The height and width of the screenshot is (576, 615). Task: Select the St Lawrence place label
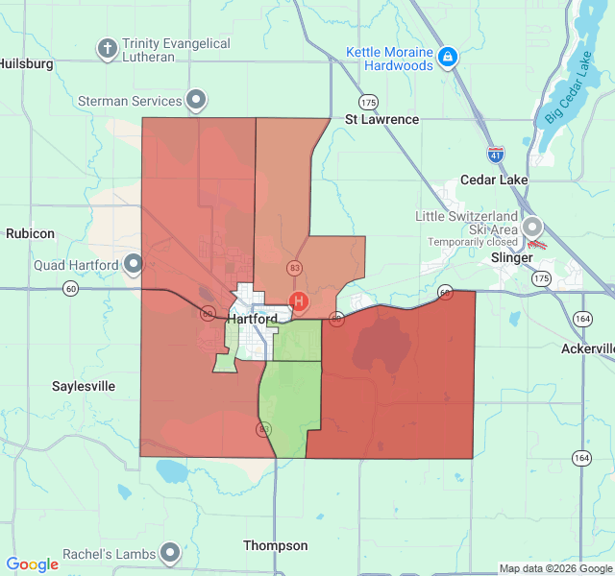382,119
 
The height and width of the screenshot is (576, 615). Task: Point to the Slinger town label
511,258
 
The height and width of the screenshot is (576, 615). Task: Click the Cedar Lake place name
494,180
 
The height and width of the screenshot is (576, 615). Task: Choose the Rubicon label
30,233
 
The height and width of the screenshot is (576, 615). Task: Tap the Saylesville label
84,386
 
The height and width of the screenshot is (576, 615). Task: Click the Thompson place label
276,545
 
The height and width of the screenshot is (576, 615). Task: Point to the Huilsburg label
26,63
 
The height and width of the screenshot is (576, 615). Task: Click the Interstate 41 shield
495,154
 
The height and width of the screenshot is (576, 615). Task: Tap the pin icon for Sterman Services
196,100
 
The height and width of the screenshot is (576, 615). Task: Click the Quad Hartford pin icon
133,263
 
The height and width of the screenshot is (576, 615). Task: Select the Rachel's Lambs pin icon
170,552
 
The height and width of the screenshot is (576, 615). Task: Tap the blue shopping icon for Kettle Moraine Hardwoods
447,58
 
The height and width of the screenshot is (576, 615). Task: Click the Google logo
33,564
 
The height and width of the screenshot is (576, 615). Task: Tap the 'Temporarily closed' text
473,242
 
